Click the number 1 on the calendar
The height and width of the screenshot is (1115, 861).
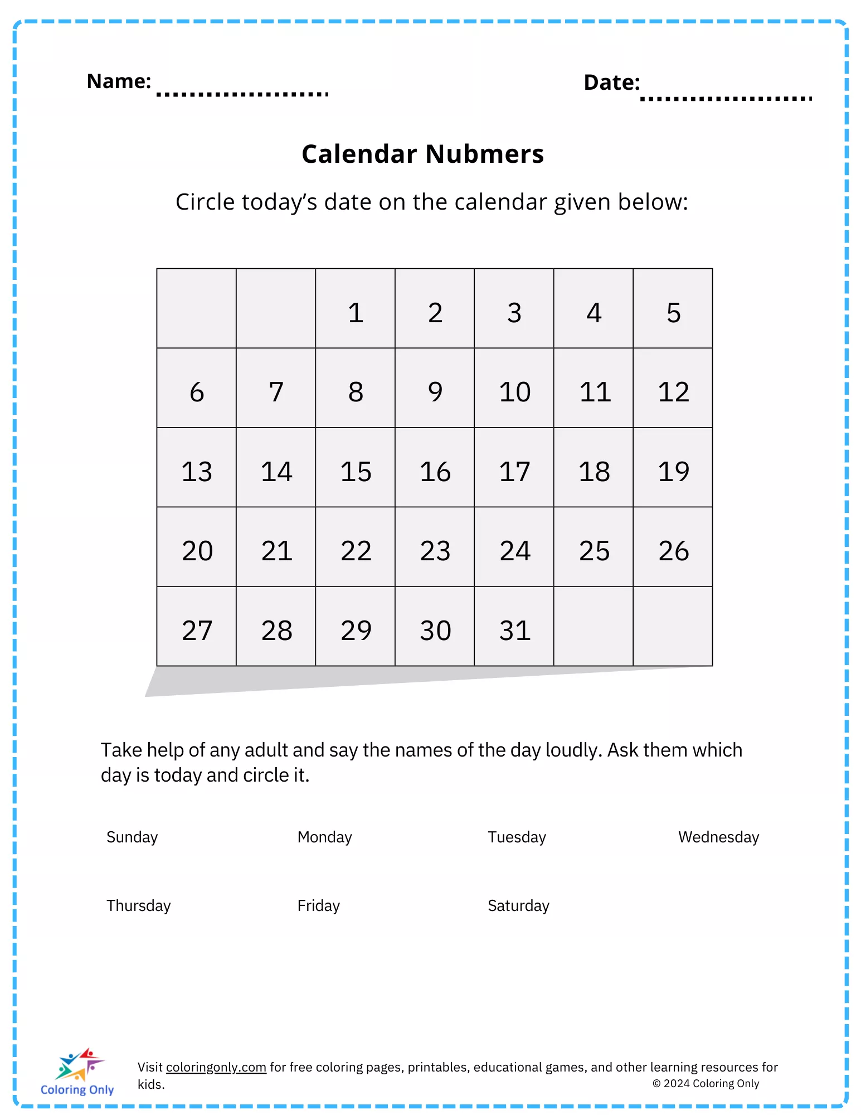click(x=356, y=313)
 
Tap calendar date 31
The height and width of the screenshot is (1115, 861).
click(x=514, y=631)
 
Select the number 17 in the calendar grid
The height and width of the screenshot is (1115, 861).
click(x=514, y=472)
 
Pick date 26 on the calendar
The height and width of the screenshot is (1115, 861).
click(x=673, y=551)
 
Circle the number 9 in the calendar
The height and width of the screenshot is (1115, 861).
click(x=435, y=392)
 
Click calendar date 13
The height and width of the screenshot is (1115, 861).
click(x=197, y=472)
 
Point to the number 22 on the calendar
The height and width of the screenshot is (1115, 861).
click(x=356, y=551)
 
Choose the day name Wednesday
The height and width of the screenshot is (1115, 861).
click(x=718, y=837)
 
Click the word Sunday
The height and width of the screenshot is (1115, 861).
click(x=132, y=837)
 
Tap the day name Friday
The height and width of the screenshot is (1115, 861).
click(x=318, y=905)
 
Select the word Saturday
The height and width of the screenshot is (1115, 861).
click(x=518, y=905)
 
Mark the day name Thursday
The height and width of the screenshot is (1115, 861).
click(x=138, y=905)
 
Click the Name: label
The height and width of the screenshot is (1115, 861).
click(x=119, y=81)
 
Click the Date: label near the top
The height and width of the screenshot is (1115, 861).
click(x=611, y=83)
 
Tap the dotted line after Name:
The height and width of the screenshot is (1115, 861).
click(x=242, y=94)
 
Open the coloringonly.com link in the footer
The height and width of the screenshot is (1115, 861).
click(x=216, y=1067)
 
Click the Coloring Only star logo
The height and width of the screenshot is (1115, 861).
click(x=79, y=1064)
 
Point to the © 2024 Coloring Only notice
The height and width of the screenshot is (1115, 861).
click(x=706, y=1083)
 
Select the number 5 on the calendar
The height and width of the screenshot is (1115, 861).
click(x=673, y=313)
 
